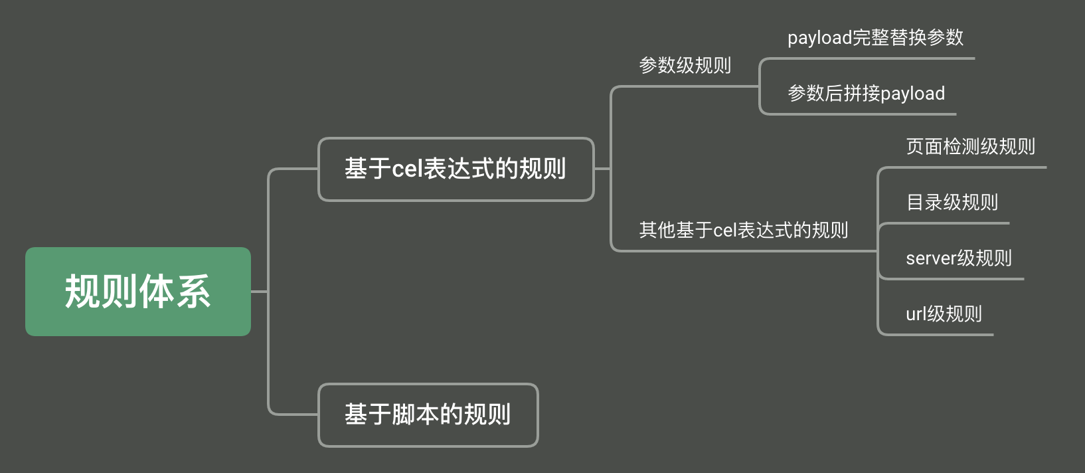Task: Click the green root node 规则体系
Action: pyautogui.click(x=138, y=292)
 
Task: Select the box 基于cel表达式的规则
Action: pyautogui.click(x=456, y=169)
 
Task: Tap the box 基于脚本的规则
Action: pyautogui.click(x=428, y=415)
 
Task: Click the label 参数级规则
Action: pyautogui.click(x=685, y=65)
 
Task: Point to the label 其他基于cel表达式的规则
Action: pyautogui.click(x=743, y=230)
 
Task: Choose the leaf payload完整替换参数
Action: pyautogui.click(x=875, y=38)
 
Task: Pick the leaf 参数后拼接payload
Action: pyautogui.click(x=866, y=94)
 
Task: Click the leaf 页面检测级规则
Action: pyautogui.click(x=970, y=147)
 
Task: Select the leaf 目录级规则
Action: pyautogui.click(x=952, y=202)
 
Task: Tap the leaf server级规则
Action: pyautogui.click(x=958, y=258)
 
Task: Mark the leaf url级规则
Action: pyautogui.click(x=944, y=314)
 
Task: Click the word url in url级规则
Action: pyautogui.click(x=916, y=314)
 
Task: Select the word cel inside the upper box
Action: pyautogui.click(x=407, y=169)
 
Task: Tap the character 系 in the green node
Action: pyautogui.click(x=193, y=292)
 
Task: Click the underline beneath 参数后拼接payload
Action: pyautogui.click(x=863, y=114)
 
